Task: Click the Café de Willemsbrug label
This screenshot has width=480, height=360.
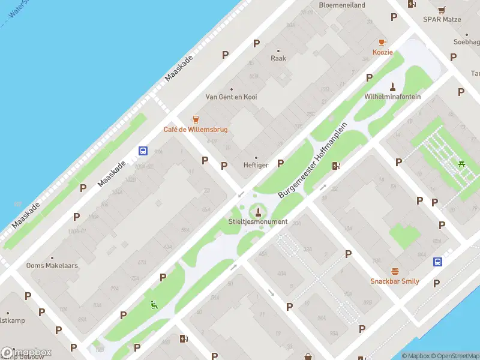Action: click(196, 130)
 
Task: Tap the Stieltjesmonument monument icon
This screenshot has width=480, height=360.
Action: click(259, 212)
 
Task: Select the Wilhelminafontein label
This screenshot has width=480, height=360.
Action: click(392, 97)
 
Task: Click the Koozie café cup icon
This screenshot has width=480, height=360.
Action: click(382, 42)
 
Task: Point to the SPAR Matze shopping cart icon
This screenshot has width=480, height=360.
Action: click(442, 10)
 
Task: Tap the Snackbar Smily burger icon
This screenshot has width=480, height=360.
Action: click(395, 271)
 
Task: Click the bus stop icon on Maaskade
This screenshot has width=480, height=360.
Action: click(143, 151)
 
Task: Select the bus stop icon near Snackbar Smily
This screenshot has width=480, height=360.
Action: click(438, 262)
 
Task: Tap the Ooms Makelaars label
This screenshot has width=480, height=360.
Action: click(52, 265)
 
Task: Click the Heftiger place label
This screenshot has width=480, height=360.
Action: click(256, 165)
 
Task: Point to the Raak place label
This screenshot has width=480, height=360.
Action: click(278, 58)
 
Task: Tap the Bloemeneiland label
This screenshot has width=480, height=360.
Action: click(342, 5)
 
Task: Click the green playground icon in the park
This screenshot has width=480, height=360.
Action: click(154, 305)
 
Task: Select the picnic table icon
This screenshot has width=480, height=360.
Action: click(461, 164)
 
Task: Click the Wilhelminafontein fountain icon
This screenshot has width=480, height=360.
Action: click(392, 86)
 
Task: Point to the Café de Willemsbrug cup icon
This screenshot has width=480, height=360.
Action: click(195, 119)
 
